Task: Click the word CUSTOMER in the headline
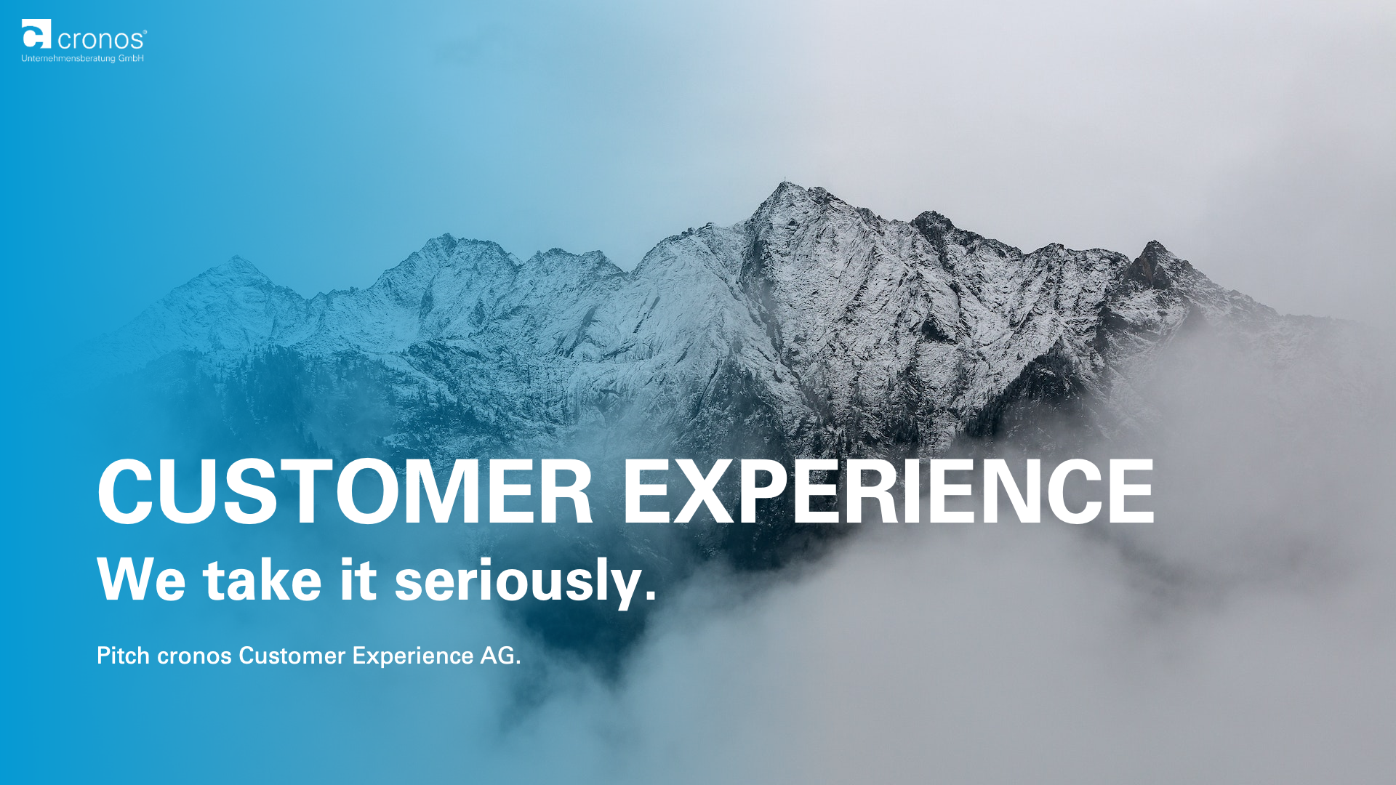(x=345, y=491)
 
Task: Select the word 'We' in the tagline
(x=141, y=580)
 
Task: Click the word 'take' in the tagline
(x=262, y=580)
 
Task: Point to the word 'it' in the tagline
(x=358, y=580)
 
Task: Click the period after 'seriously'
(x=650, y=595)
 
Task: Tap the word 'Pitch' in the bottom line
(x=124, y=656)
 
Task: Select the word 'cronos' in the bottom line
(x=194, y=658)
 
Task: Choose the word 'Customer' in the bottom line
(x=292, y=656)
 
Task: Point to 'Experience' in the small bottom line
(x=413, y=658)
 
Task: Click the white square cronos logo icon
(x=36, y=33)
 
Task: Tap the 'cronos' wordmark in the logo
(x=101, y=40)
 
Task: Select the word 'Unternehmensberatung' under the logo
(x=68, y=58)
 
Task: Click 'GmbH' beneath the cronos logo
(x=131, y=58)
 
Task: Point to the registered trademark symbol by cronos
(x=145, y=32)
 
